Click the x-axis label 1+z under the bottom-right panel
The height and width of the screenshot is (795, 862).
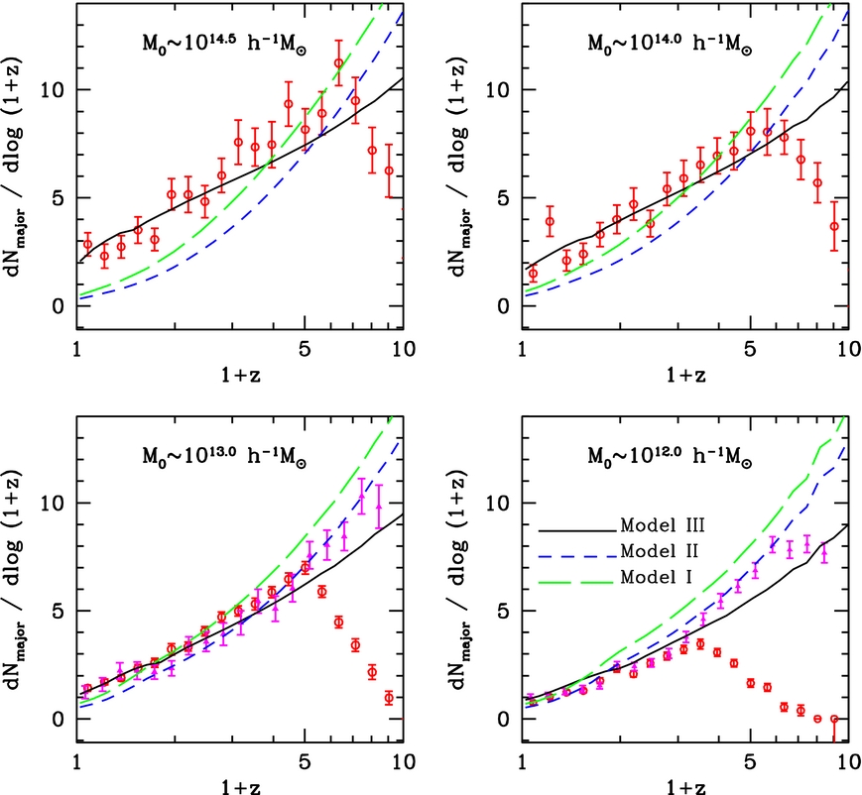[x=684, y=785]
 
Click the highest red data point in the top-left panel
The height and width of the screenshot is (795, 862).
[x=338, y=63]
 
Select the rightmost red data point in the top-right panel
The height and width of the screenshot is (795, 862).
[x=834, y=226]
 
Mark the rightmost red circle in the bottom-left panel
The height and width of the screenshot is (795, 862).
[x=389, y=697]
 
